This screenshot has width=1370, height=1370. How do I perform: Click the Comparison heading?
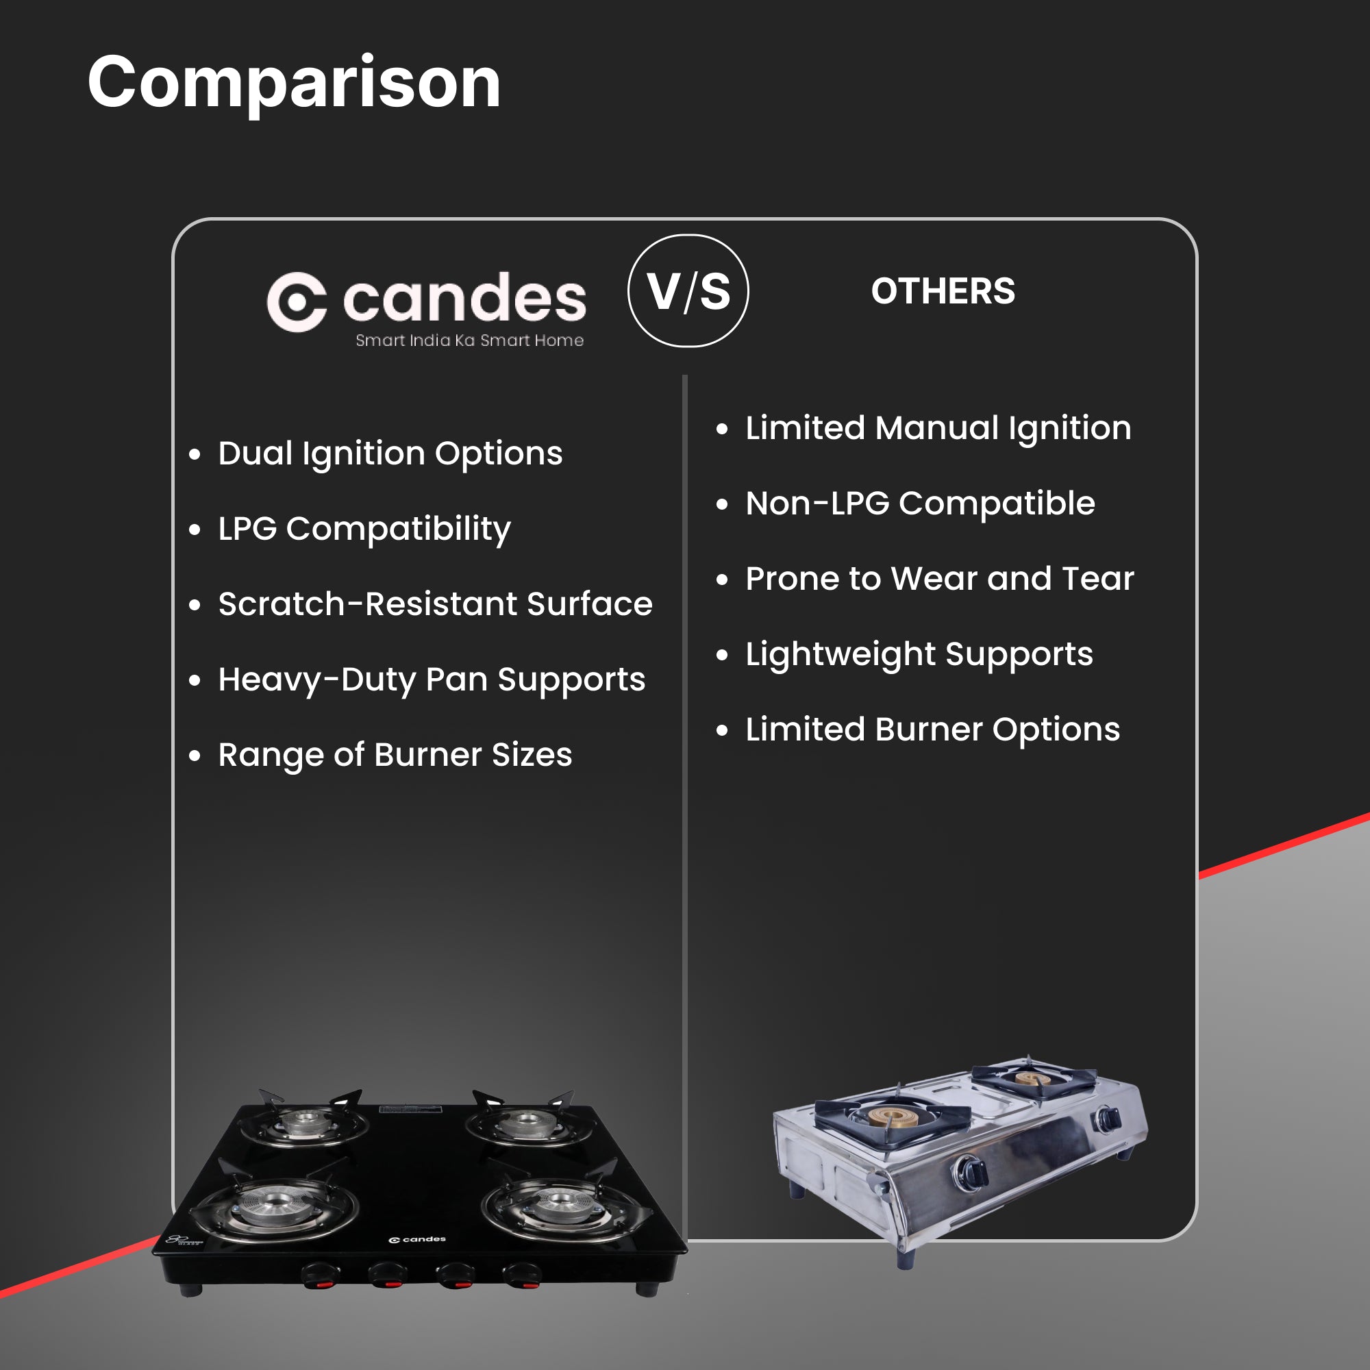[x=295, y=84]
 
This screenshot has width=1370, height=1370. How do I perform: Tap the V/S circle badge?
[x=688, y=290]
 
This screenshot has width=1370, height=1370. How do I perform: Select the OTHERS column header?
[x=943, y=290]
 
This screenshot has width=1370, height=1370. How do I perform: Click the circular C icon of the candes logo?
[x=297, y=301]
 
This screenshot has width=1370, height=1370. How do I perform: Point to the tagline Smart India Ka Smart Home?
[x=469, y=340]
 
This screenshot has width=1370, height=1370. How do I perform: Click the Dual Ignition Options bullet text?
[x=390, y=454]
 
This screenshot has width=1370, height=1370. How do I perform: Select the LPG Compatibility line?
[x=364, y=529]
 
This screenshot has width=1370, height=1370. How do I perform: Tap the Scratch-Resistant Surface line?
[x=436, y=604]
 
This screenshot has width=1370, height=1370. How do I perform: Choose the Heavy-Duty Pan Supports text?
[x=432, y=680]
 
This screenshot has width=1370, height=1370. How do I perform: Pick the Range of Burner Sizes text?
[x=395, y=755]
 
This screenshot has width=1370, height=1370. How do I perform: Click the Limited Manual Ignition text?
[x=938, y=429]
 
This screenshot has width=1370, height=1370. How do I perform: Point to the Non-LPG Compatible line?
[x=921, y=504]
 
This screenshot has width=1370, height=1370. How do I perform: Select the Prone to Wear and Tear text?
[x=940, y=579]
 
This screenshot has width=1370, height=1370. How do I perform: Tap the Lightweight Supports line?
[x=919, y=654]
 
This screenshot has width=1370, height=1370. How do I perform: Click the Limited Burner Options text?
[x=932, y=730]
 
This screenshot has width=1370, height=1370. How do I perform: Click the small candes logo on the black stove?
[x=418, y=1240]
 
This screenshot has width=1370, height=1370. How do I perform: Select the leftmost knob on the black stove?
[x=320, y=1276]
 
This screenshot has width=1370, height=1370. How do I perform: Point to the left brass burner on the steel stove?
[x=895, y=1117]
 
